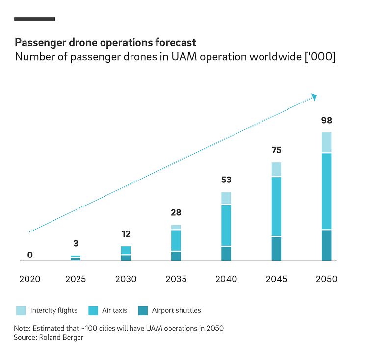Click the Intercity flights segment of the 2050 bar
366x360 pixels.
tap(326, 142)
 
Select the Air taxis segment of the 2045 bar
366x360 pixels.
tap(276, 206)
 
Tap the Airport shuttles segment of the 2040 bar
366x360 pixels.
tap(226, 254)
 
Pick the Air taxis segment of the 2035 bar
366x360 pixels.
tap(176, 240)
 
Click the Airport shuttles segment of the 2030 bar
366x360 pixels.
tap(126, 258)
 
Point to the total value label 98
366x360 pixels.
tap(326, 120)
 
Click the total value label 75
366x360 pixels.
tap(276, 150)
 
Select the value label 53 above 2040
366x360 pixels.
tap(226, 180)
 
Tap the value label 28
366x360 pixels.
tap(176, 212)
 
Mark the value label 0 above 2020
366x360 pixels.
tap(30, 255)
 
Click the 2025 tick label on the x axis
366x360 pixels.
tap(76, 279)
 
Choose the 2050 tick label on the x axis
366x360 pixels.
tap(326, 279)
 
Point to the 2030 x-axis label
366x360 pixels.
tap(126, 279)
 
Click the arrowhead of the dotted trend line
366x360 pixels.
tap(314, 97)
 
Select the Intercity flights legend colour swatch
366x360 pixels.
tap(21, 310)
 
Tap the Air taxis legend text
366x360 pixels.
tap(114, 310)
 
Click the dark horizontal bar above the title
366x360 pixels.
tap(35, 19)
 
